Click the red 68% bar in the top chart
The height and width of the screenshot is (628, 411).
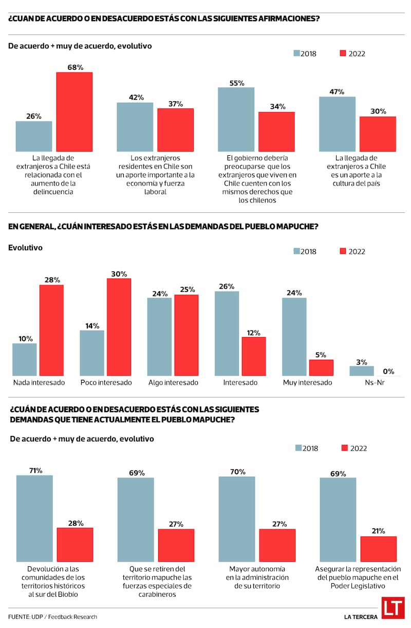(x=74, y=112)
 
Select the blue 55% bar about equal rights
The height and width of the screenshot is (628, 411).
(x=236, y=119)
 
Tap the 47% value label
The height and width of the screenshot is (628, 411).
(x=337, y=92)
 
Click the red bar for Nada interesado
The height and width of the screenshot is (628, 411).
(x=51, y=330)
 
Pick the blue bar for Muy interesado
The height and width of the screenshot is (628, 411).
(x=294, y=337)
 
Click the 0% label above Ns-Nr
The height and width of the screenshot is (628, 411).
(x=388, y=371)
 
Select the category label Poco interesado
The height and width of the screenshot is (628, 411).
(x=106, y=383)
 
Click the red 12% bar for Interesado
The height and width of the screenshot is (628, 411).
(x=253, y=356)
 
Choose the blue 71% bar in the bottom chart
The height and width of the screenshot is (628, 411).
(x=34, y=518)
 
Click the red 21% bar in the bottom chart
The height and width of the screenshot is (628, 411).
(x=379, y=549)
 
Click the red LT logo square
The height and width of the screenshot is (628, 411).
(x=393, y=607)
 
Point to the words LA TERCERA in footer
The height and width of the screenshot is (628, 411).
(x=361, y=617)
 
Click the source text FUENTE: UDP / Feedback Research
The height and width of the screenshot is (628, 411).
(x=52, y=617)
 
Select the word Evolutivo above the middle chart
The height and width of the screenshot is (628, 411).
(x=25, y=248)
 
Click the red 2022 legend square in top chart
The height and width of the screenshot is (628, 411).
(x=343, y=53)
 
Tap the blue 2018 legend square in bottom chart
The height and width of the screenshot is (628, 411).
(x=298, y=448)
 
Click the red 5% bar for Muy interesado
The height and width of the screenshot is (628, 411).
(x=321, y=367)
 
